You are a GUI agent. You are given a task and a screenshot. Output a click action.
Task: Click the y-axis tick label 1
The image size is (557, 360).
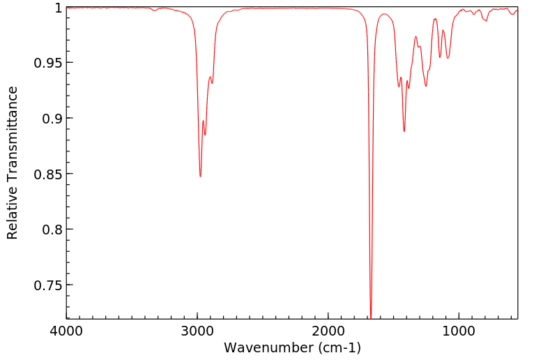point(58,8)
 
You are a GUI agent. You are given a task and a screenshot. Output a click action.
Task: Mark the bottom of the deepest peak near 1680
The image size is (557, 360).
point(371,317)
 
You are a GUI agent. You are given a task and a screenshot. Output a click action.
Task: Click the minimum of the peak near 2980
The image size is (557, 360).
point(200,177)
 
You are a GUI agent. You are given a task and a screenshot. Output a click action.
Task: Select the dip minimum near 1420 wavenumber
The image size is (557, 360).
point(404,131)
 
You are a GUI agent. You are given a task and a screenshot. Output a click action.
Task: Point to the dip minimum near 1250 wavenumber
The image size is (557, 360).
point(426,86)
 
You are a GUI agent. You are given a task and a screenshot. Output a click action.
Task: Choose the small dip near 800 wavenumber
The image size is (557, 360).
point(486,20)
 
